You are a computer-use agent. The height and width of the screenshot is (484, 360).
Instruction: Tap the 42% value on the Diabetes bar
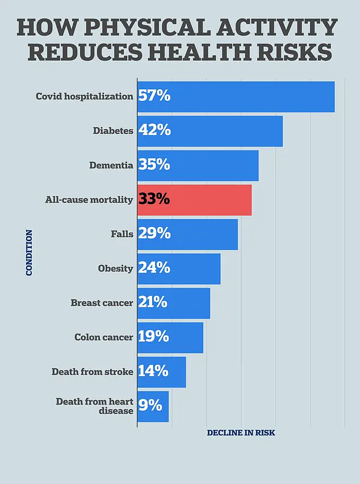point(154,131)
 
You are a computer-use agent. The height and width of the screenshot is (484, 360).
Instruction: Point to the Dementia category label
point(111,165)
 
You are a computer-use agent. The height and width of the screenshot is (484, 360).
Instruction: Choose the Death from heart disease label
point(94,406)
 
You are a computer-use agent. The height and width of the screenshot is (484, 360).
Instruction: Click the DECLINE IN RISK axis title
point(241,433)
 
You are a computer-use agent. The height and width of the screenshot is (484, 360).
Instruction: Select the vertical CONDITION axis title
point(29,252)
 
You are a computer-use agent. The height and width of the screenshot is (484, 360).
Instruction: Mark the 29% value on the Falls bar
point(154,234)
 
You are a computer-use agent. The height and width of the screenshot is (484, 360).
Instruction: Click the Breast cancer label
point(102,303)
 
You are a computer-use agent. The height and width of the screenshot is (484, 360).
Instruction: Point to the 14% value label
point(153,372)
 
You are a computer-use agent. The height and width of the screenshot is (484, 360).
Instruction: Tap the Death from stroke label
point(93,372)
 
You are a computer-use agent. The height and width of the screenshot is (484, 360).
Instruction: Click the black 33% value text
point(154,200)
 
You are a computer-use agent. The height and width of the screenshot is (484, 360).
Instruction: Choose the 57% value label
point(154,96)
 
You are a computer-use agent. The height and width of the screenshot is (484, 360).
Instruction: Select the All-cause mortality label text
point(89,200)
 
